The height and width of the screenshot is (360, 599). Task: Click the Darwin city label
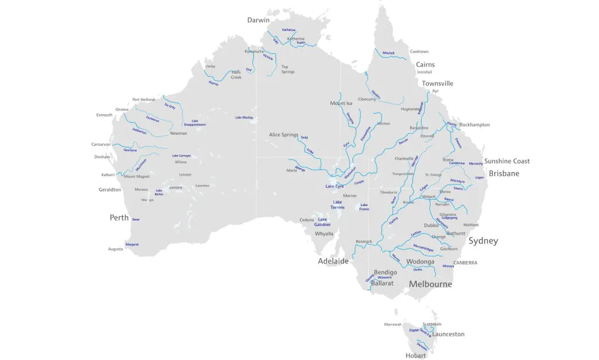258,20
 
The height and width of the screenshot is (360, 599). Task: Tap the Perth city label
119,218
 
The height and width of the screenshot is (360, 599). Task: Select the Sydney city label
483,241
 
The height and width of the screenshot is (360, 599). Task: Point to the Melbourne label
430,284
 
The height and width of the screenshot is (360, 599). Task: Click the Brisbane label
504,173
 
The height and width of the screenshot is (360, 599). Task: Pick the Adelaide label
333,261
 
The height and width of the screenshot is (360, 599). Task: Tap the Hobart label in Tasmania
415,355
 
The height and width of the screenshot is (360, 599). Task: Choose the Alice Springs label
283,135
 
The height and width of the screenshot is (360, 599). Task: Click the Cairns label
425,64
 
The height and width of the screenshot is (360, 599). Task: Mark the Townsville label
438,84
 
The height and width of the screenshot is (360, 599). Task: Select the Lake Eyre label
335,186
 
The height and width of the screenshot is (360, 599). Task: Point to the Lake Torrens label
338,205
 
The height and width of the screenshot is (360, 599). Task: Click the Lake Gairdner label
322,222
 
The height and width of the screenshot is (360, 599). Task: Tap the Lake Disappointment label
195,123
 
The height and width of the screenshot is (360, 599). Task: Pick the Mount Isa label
341,104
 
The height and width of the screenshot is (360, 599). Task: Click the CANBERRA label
465,263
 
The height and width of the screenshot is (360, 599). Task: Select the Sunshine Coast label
507,161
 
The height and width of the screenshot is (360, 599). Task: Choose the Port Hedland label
143,100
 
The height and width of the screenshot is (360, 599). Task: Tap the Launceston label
448,334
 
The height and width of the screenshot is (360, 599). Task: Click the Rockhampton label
474,125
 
